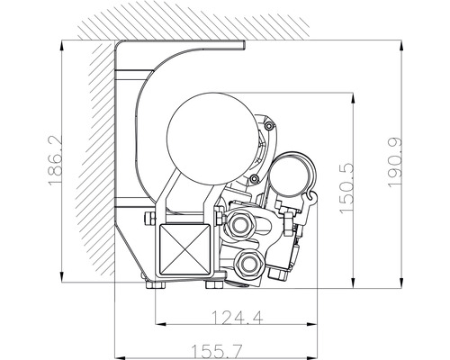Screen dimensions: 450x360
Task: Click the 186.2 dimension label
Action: (55, 161)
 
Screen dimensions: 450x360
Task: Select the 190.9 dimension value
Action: (394, 163)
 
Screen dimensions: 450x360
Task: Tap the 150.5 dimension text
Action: (346, 188)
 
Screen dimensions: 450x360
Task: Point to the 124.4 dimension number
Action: (238, 318)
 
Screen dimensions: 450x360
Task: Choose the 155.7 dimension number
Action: (217, 351)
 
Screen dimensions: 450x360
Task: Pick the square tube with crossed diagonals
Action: (184, 249)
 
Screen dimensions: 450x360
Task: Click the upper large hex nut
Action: (239, 223)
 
